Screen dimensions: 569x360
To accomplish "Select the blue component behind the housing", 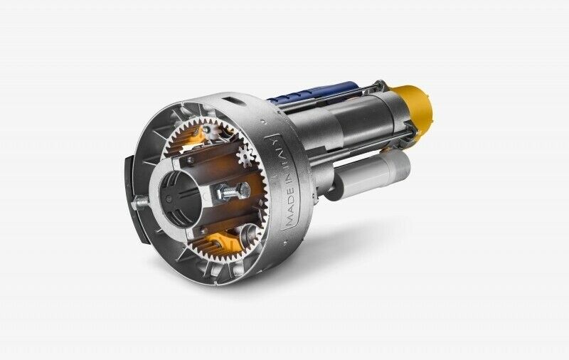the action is [x=313, y=92].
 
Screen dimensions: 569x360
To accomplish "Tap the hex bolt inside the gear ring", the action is [x=233, y=191].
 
